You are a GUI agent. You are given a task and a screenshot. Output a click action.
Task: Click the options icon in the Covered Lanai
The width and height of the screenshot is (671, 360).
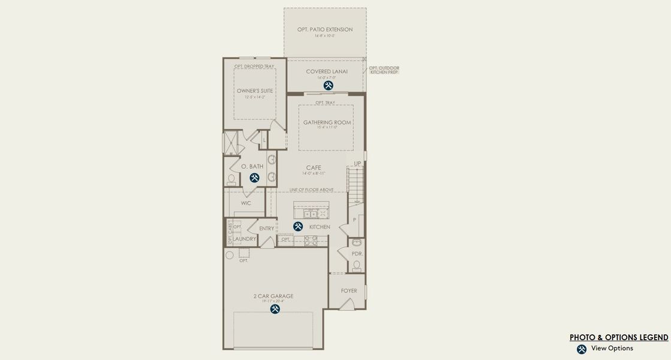coord(328,86)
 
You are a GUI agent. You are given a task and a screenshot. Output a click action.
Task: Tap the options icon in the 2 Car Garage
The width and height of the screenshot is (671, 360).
coord(275,309)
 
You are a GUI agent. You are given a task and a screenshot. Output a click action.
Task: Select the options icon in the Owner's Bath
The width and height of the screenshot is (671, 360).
coord(254,178)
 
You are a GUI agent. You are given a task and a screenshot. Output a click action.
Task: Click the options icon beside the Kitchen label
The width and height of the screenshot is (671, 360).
coord(298,227)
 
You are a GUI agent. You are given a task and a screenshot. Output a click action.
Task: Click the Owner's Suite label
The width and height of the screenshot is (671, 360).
coord(255,91)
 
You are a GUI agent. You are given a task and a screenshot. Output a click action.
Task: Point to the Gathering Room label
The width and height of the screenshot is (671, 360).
coord(327,122)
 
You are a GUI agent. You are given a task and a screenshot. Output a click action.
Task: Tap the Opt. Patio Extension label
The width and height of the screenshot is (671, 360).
coord(325,29)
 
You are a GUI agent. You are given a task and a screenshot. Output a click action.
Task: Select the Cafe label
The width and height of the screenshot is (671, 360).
coord(314,168)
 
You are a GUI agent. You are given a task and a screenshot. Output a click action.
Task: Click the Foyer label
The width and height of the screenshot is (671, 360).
coord(349,291)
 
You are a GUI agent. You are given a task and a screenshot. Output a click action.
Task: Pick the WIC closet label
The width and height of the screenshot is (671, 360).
coord(246,203)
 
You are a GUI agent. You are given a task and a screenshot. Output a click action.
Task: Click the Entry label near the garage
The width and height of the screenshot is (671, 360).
coord(267,229)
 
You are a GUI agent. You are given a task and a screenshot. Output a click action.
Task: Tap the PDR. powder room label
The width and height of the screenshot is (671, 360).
coord(357,254)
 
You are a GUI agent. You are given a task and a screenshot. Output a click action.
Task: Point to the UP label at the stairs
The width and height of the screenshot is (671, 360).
coord(357,163)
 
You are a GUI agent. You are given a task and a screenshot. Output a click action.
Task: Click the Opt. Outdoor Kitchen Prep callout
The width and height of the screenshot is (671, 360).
coord(384,70)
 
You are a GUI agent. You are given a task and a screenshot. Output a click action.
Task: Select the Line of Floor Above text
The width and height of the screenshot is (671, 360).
coord(311,190)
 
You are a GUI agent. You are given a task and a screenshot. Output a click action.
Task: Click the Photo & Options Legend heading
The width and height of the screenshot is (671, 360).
coord(618,338)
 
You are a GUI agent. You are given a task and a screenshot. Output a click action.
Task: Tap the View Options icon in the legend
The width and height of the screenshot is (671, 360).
coord(581,349)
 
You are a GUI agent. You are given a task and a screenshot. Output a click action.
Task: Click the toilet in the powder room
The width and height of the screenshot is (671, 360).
coord(357,265)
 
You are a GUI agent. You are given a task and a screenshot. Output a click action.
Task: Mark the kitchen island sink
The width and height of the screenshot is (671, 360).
coord(310,213)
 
